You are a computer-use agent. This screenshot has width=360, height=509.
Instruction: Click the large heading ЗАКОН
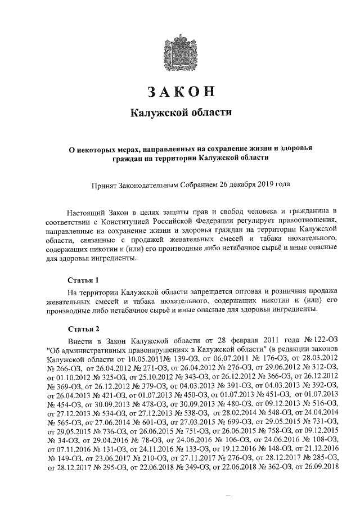(181, 92)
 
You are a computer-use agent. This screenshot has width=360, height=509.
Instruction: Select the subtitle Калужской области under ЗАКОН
(181, 112)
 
